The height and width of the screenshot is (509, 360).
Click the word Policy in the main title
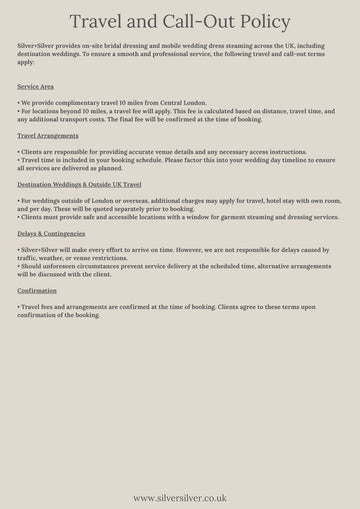click(x=259, y=21)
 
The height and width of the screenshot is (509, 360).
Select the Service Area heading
click(x=36, y=87)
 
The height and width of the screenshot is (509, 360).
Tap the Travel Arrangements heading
click(x=47, y=133)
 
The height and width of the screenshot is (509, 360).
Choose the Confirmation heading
click(x=38, y=291)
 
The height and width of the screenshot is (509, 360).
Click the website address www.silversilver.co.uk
click(x=180, y=496)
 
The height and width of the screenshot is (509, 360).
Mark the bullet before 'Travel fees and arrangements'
click(x=19, y=307)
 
